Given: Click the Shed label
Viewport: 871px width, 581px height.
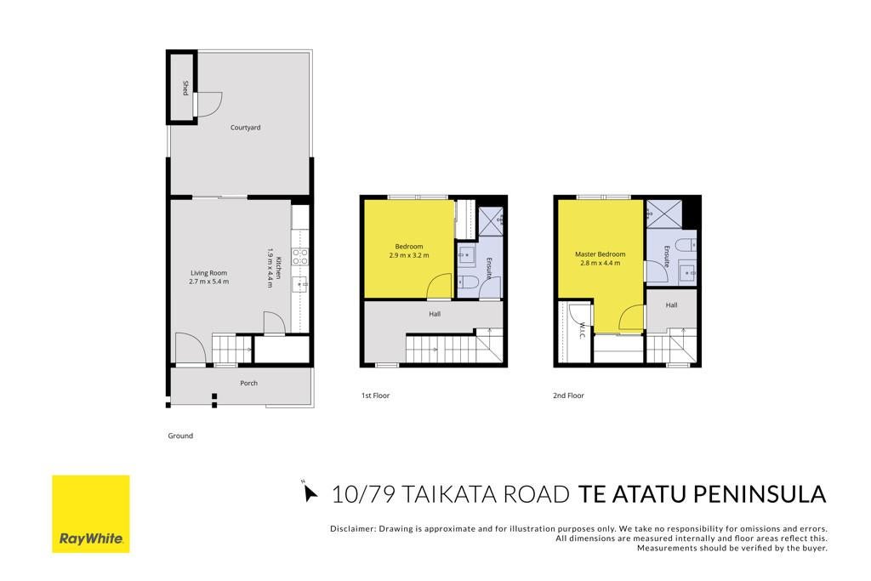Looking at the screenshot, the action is tap(185, 88).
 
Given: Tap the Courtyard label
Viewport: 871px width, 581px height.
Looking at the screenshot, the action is tap(246, 128).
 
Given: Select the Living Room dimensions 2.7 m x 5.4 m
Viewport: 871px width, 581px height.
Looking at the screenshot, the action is tap(209, 282).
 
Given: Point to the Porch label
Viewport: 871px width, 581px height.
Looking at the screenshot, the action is tap(249, 383).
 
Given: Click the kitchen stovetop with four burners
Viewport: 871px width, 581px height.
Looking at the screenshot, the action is tap(300, 256).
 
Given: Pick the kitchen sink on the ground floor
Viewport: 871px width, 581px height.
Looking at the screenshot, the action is tap(300, 285).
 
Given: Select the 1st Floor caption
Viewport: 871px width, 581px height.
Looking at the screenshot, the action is tap(375, 396).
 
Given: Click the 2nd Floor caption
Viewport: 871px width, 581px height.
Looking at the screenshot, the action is tap(568, 396).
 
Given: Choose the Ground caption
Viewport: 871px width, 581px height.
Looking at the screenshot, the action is tap(180, 436).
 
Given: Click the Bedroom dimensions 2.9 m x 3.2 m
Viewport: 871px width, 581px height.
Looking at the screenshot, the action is tap(409, 255).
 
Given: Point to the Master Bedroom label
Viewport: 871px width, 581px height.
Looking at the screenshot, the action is tap(600, 254).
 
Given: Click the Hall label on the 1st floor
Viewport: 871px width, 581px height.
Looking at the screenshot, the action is tap(435, 314).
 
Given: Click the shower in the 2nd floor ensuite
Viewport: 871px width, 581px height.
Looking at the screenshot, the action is tap(664, 214).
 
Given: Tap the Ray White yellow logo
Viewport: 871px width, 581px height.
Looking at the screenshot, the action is tap(91, 514).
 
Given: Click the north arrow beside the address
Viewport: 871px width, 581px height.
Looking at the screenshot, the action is tap(310, 493).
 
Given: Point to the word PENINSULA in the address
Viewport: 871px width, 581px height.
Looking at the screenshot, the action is tap(760, 493).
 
